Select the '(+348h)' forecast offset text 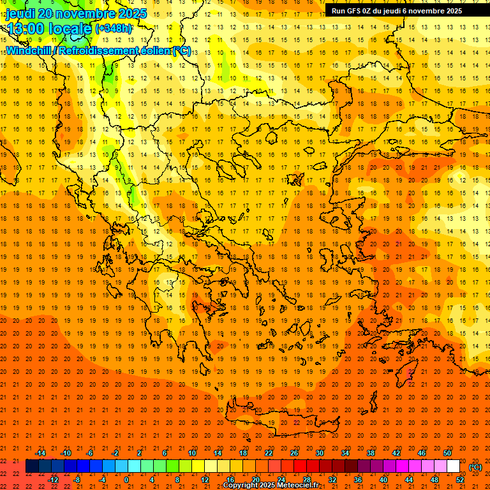(114, 28)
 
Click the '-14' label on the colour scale (40, 453)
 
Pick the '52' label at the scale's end (461, 480)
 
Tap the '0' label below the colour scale (126, 480)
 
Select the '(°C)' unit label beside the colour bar (475, 467)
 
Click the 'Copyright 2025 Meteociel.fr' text (271, 486)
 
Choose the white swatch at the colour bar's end (454, 466)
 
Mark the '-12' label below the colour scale (53, 480)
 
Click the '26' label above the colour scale (293, 453)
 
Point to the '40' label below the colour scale (383, 480)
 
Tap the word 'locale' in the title (70, 28)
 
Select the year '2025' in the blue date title (132, 13)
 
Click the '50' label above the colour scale (447, 453)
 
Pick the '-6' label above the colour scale (90, 453)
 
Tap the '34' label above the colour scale (345, 453)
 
